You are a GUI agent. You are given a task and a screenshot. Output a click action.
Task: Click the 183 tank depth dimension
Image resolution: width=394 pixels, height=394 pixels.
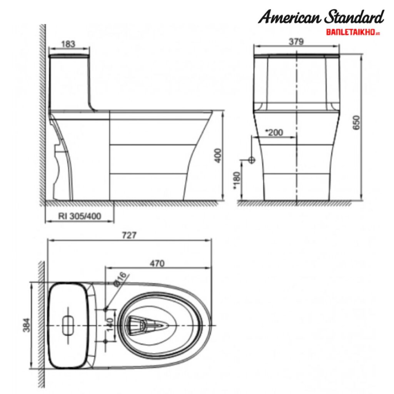tap(68, 44)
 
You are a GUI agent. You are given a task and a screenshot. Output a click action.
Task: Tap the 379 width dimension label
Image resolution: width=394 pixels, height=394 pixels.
tap(296, 41)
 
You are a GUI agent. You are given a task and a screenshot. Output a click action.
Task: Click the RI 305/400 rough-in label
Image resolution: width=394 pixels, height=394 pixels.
tap(80, 216)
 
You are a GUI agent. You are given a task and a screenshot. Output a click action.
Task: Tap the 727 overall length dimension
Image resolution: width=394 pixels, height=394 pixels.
tap(129, 235)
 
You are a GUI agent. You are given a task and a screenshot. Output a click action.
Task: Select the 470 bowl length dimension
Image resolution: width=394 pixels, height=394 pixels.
tap(157, 264)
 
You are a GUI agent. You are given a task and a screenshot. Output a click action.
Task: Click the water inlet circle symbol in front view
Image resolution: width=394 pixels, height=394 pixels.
tap(252, 160)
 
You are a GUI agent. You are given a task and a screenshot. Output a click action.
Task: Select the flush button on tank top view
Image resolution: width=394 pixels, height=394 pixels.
tap(68, 325)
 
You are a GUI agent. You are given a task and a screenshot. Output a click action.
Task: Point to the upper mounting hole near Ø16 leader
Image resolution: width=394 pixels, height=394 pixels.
tap(105, 309)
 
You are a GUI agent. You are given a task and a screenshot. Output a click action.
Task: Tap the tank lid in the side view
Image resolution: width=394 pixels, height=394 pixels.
tap(70, 56)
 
